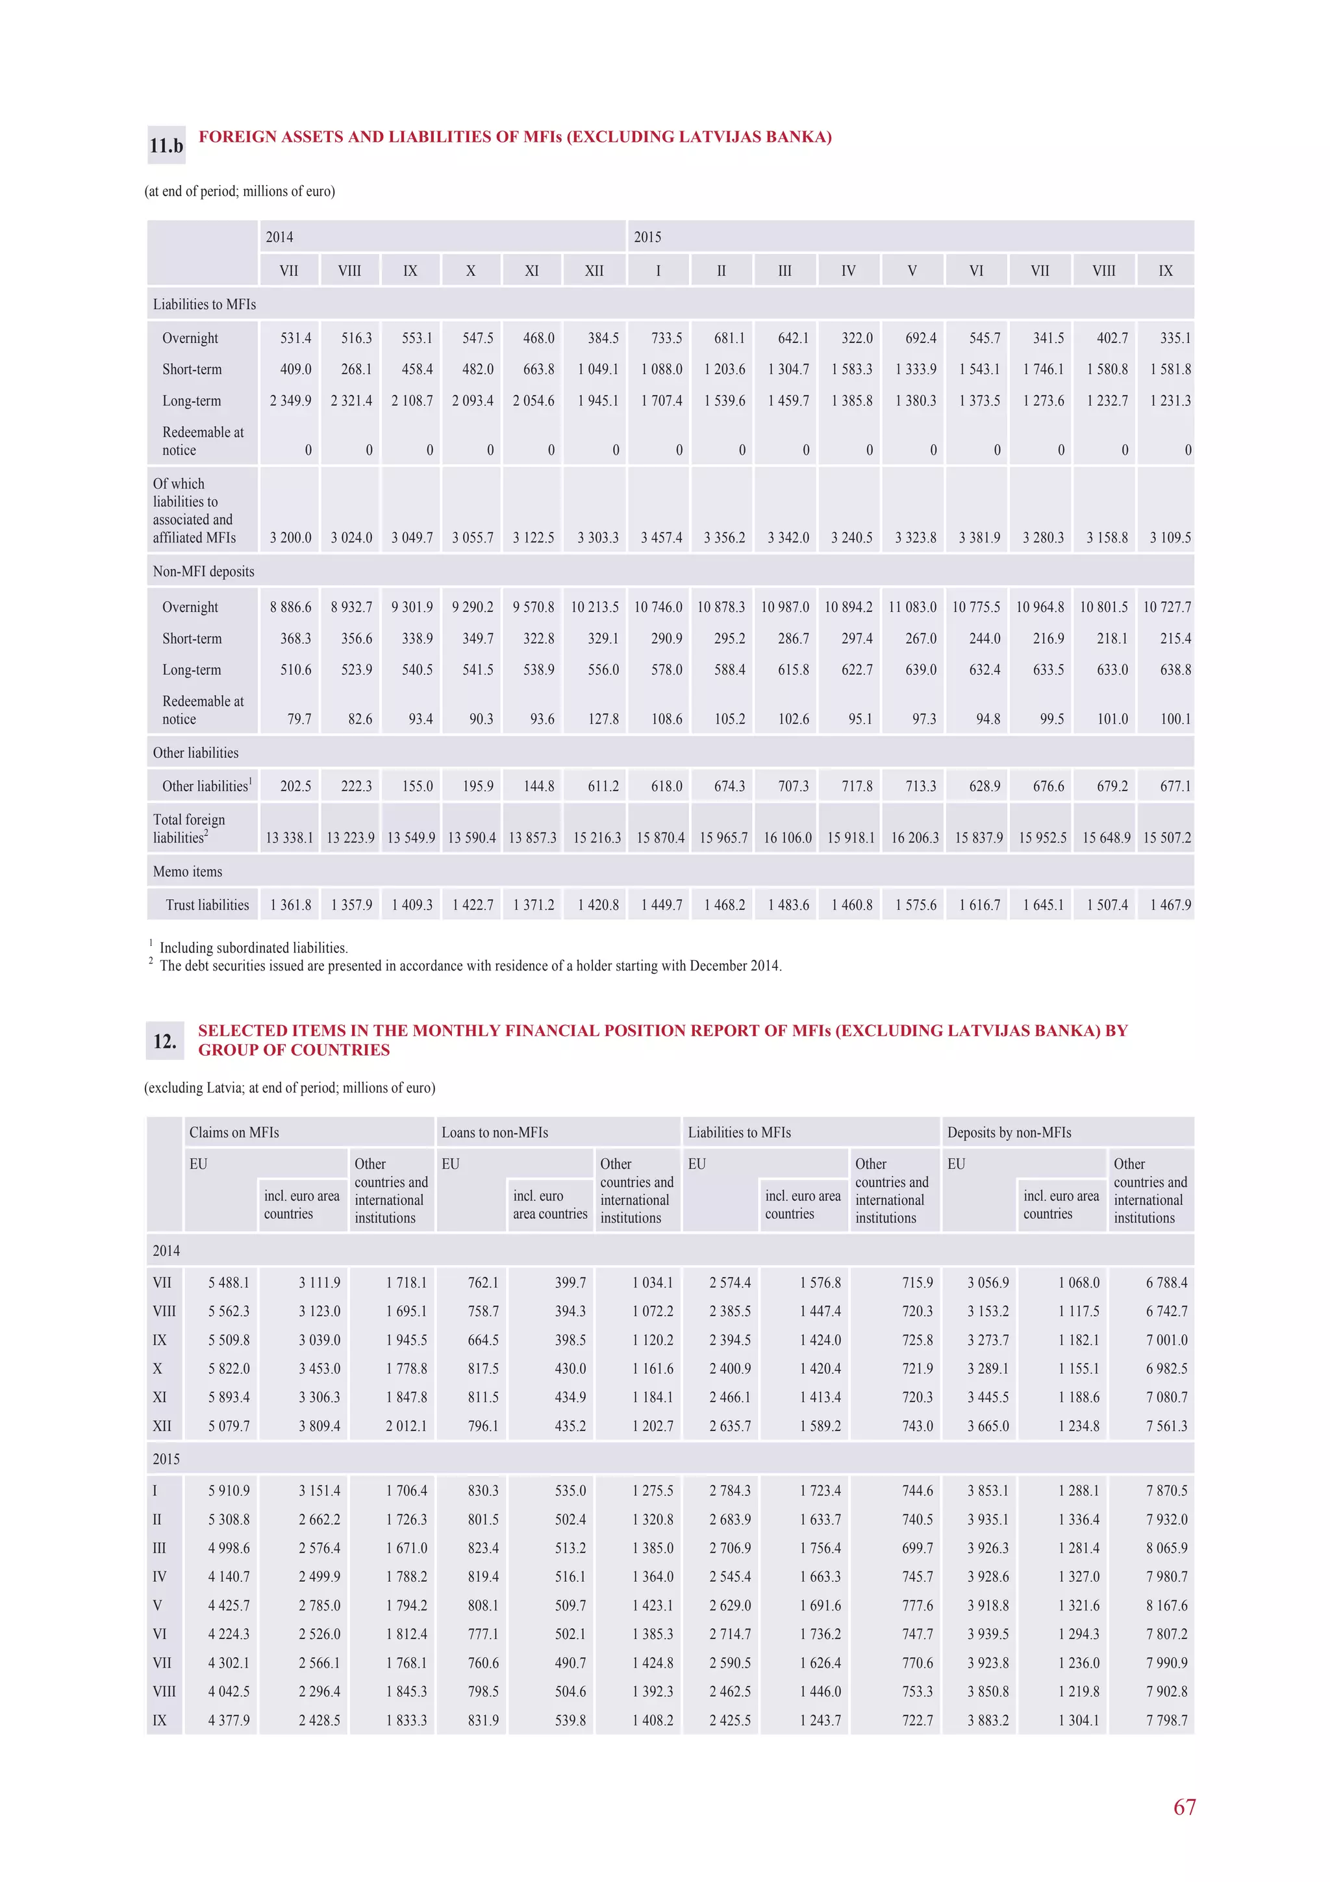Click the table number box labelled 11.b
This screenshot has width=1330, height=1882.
click(166, 146)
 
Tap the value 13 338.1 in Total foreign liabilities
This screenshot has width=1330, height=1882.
click(289, 838)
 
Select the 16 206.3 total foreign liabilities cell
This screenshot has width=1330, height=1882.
click(914, 838)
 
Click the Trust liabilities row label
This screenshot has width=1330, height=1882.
click(207, 905)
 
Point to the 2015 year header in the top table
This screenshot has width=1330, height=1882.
click(647, 237)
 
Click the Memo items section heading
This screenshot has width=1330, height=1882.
click(188, 871)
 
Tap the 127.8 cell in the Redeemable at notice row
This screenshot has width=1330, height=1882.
click(603, 719)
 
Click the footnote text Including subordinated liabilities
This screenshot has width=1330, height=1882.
click(253, 948)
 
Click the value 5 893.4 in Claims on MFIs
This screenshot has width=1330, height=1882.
click(229, 1397)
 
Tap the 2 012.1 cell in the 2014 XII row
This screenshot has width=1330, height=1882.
click(407, 1425)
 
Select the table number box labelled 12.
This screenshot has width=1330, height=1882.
click(165, 1041)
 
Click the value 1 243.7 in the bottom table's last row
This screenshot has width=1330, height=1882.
click(820, 1720)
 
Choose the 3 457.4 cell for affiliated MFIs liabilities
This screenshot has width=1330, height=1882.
click(661, 538)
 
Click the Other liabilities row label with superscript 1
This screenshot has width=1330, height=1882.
click(207, 786)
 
